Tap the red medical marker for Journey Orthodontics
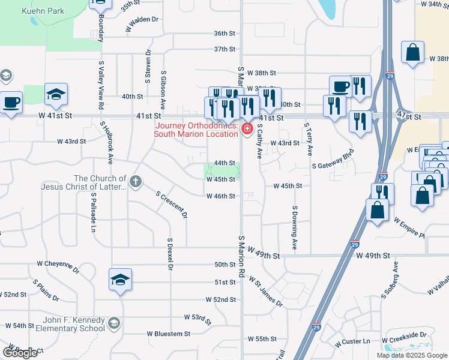click(246, 128)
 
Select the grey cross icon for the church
click(136, 181)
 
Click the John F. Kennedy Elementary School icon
click(113, 325)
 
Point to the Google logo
click(20, 353)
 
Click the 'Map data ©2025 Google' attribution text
click(411, 355)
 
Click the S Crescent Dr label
click(172, 205)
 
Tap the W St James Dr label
click(266, 292)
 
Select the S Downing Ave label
click(295, 229)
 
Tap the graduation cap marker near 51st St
click(121, 280)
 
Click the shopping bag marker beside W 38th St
click(413, 53)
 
